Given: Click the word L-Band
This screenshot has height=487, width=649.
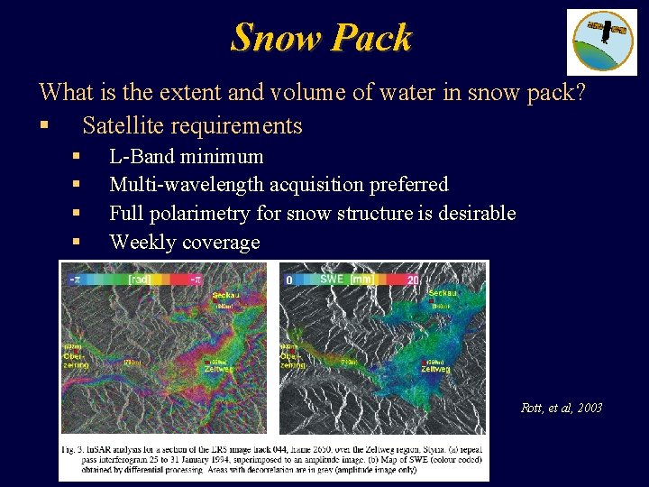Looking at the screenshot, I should click(x=142, y=156).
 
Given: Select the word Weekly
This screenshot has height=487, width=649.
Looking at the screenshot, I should click(x=142, y=243).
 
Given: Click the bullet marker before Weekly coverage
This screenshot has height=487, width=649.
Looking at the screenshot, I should click(x=78, y=243).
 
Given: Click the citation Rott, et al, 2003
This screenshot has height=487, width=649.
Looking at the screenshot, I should click(x=562, y=409).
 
